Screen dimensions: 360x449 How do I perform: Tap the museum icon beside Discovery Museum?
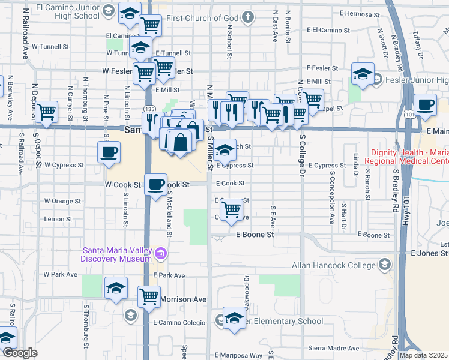[160, 254]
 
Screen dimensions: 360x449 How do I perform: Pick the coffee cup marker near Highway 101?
[425, 104]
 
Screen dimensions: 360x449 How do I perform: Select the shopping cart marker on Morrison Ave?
[149, 296]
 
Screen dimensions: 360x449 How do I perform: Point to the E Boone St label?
[255, 235]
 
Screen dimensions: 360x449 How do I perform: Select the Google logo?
[20, 353]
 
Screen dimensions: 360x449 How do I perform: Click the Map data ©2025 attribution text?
[423, 355]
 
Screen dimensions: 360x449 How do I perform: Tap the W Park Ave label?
[61, 274]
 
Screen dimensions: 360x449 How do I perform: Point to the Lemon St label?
[58, 220]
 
